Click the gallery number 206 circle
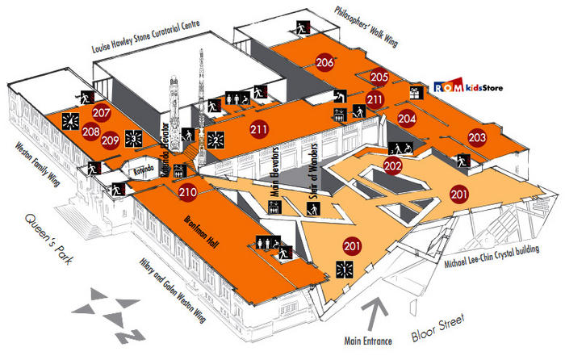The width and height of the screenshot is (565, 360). click(x=325, y=62)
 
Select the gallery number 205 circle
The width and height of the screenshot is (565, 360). click(x=380, y=77)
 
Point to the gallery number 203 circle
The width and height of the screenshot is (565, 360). click(x=477, y=137)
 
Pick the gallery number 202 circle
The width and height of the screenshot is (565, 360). click(x=393, y=166)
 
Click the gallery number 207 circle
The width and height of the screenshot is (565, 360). click(x=102, y=113)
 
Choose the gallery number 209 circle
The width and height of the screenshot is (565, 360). click(x=111, y=140)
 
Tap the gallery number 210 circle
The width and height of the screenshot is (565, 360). click(x=188, y=192)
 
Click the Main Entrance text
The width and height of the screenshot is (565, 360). click(x=366, y=341)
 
